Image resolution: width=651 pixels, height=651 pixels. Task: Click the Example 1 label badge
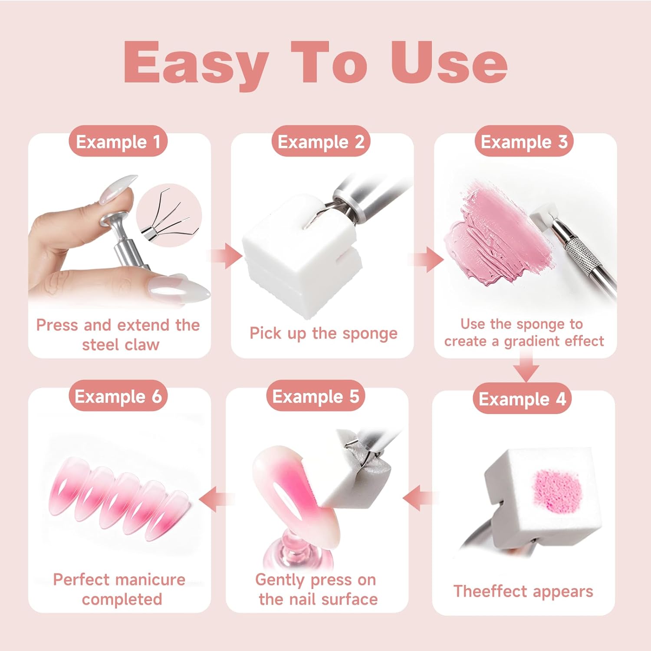(x=118, y=141)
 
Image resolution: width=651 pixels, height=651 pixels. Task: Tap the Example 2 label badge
(x=321, y=141)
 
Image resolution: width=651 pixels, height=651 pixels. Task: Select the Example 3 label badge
(x=524, y=141)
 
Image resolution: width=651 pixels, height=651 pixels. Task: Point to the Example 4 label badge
(x=522, y=398)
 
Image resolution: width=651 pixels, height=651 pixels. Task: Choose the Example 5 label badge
(x=316, y=396)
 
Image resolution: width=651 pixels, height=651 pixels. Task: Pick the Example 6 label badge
(x=118, y=396)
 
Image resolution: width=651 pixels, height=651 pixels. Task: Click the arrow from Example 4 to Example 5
(x=419, y=498)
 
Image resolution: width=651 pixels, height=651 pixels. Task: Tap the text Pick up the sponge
(x=323, y=333)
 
